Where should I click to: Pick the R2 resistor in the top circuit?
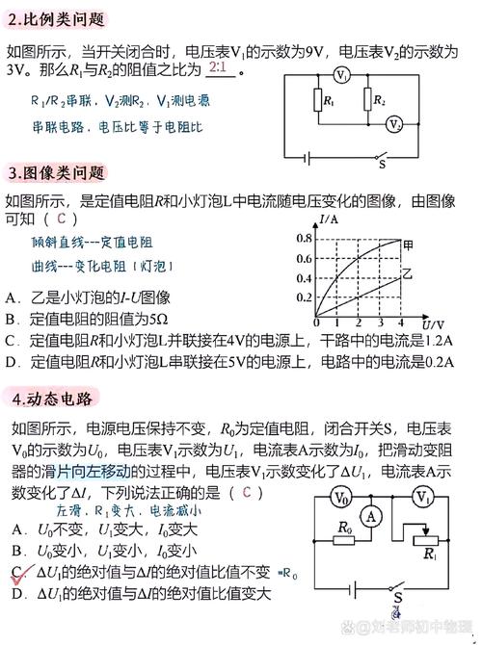(368, 99)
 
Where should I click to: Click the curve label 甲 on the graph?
(409, 243)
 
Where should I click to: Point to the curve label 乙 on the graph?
(407, 275)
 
